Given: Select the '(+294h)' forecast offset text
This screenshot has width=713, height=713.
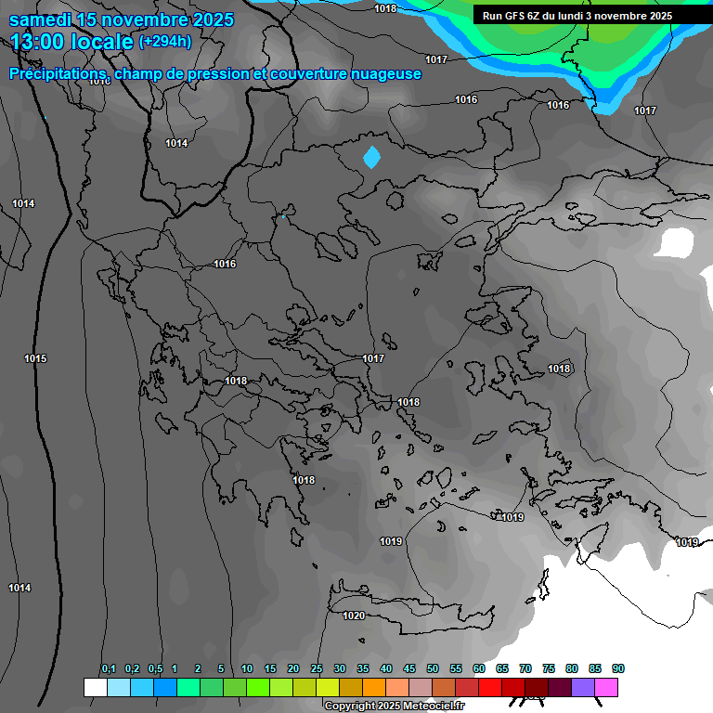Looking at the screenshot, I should pyautogui.click(x=164, y=42).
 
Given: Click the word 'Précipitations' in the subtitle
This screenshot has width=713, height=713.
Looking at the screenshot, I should pyautogui.click(x=56, y=74).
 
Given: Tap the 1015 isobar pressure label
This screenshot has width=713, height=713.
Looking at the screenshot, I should pyautogui.click(x=35, y=358).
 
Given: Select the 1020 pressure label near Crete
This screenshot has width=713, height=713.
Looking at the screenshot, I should pyautogui.click(x=354, y=616).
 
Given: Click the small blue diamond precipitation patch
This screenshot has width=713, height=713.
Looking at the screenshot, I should pyautogui.click(x=371, y=157).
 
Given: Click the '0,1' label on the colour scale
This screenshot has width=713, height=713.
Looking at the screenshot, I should pyautogui.click(x=109, y=669).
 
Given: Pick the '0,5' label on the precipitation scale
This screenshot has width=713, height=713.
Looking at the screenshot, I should pyautogui.click(x=155, y=669).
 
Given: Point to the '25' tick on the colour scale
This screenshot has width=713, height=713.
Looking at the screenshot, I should pyautogui.click(x=317, y=669).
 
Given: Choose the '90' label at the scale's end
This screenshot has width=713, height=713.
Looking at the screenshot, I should pyautogui.click(x=618, y=669).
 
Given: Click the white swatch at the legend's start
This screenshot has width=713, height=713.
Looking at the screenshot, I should pyautogui.click(x=95, y=687).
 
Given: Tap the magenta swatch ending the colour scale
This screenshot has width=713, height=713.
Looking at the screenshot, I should pyautogui.click(x=606, y=687).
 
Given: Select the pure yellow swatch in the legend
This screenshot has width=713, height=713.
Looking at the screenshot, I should pyautogui.click(x=327, y=687).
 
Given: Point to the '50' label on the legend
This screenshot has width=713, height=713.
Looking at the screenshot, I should pyautogui.click(x=433, y=669).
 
